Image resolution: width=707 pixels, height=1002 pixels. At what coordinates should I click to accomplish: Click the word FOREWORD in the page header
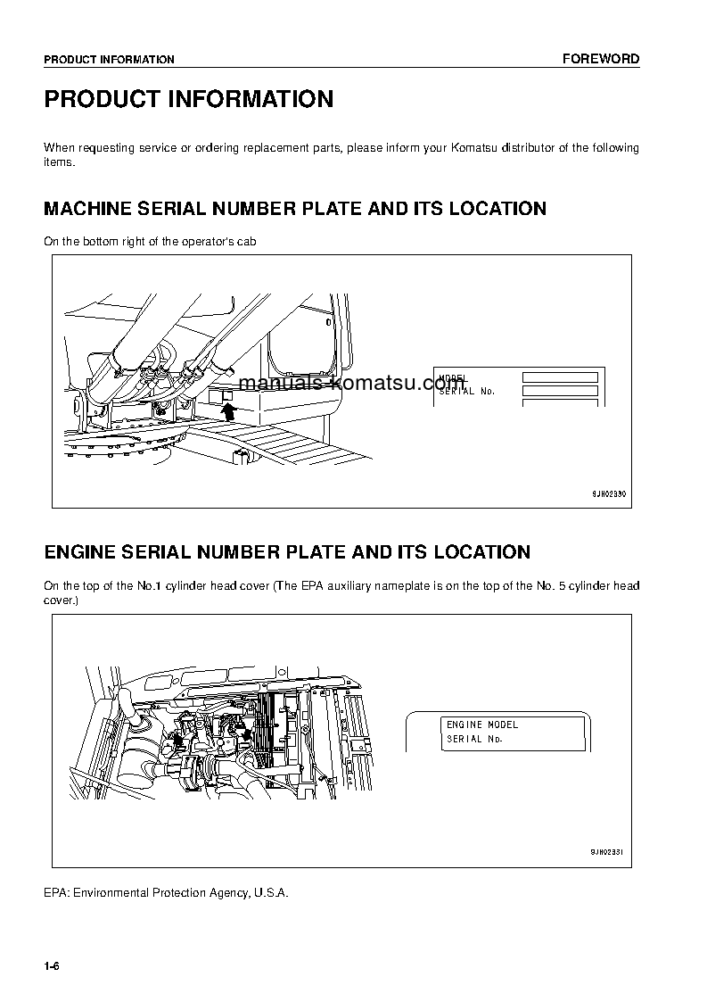pos(600,59)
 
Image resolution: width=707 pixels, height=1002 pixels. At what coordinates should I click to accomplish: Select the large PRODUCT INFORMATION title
pos(189,99)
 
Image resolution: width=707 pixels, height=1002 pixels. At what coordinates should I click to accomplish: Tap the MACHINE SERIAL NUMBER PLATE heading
pos(295,209)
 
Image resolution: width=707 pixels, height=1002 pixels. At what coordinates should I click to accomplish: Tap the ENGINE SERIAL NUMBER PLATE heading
pos(287,552)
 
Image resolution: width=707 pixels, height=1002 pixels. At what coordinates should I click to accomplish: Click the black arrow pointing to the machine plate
pos(228,410)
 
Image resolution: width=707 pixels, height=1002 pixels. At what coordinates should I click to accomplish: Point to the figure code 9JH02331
pos(609,852)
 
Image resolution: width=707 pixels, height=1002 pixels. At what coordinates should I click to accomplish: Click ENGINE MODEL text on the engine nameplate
pos(482,725)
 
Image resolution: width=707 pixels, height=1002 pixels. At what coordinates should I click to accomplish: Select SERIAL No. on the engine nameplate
pos(475,739)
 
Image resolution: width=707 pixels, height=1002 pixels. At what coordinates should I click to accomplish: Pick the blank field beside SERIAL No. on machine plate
pos(559,391)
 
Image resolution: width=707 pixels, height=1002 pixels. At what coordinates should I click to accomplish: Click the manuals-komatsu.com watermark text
pos(352,384)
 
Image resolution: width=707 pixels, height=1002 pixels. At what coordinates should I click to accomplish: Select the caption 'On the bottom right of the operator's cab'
pos(150,242)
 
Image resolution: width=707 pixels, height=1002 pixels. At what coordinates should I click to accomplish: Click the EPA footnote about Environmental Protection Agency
pos(166,892)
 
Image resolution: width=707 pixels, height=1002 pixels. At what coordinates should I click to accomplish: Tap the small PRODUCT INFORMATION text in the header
pos(109,60)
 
